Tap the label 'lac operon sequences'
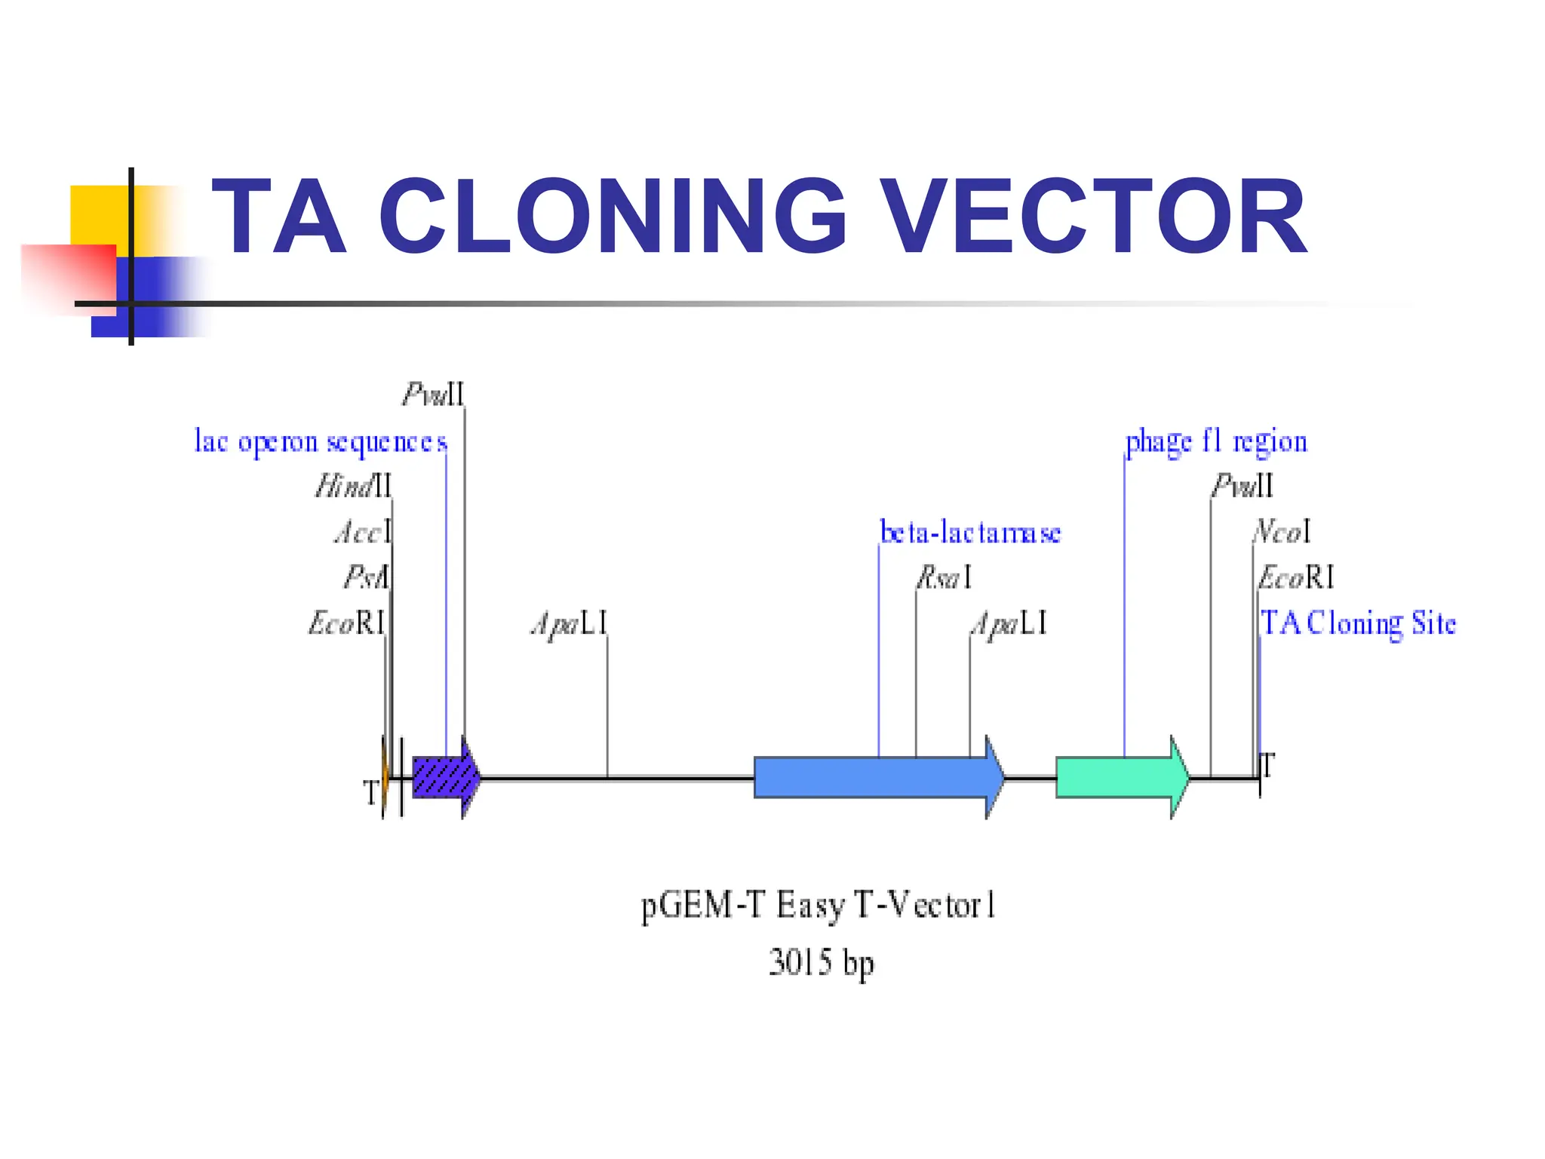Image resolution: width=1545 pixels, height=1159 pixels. tap(321, 441)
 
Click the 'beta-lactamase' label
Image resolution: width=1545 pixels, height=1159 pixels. tap(970, 533)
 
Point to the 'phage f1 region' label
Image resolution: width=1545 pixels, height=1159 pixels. tap(1216, 441)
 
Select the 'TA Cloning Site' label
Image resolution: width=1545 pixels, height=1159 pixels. tap(1358, 624)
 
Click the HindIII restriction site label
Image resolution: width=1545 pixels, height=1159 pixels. tap(353, 486)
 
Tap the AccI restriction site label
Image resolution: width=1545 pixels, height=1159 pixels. tap(363, 533)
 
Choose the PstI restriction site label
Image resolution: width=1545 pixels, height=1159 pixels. tap(367, 578)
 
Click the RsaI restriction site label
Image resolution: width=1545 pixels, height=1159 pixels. tap(944, 578)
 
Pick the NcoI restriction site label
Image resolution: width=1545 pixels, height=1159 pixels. tap(1282, 532)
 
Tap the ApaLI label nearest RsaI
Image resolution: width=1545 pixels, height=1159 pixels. tap(1009, 624)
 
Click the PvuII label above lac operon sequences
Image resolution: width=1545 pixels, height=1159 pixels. tap(433, 394)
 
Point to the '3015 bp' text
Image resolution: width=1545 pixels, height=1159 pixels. tap(821, 964)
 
